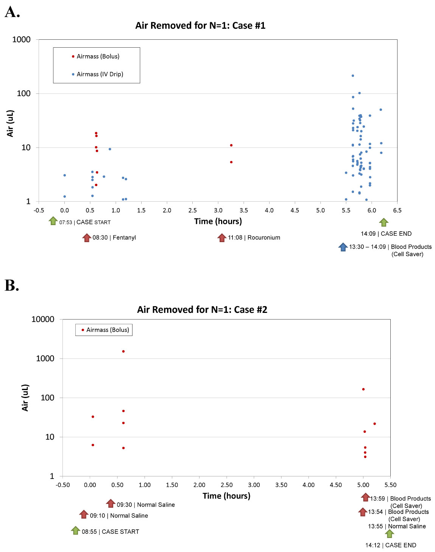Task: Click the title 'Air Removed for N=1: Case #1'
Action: (x=200, y=25)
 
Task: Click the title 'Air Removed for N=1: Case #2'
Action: (x=202, y=309)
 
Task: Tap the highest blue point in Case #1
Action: (x=353, y=76)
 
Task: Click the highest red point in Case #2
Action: (x=123, y=351)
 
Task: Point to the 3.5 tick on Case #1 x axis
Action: (x=244, y=210)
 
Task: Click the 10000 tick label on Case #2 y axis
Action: (x=43, y=319)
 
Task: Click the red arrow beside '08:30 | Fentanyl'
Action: (x=87, y=238)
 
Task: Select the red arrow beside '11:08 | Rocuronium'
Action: (x=222, y=238)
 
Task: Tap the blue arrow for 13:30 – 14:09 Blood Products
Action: (x=343, y=247)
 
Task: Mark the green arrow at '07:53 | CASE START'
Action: (x=53, y=221)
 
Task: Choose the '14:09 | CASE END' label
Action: (x=386, y=234)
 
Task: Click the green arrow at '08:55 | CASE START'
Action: (x=75, y=530)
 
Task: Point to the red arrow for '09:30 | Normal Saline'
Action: (x=111, y=503)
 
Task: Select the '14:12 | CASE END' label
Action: (x=391, y=545)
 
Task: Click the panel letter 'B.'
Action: (x=12, y=286)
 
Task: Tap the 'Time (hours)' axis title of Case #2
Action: (x=226, y=496)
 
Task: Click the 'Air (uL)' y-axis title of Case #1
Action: (x=10, y=123)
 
